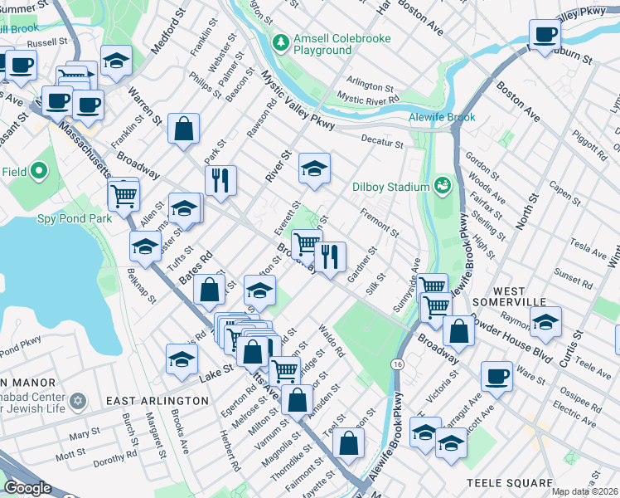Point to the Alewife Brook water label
click(441, 118)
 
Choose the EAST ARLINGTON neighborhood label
click(157, 401)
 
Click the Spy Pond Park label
click(74, 219)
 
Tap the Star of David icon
click(79, 401)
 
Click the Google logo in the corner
click(27, 488)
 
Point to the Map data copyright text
click(584, 491)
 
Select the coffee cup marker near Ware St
click(496, 375)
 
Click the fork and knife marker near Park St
click(220, 180)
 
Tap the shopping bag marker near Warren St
click(183, 128)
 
